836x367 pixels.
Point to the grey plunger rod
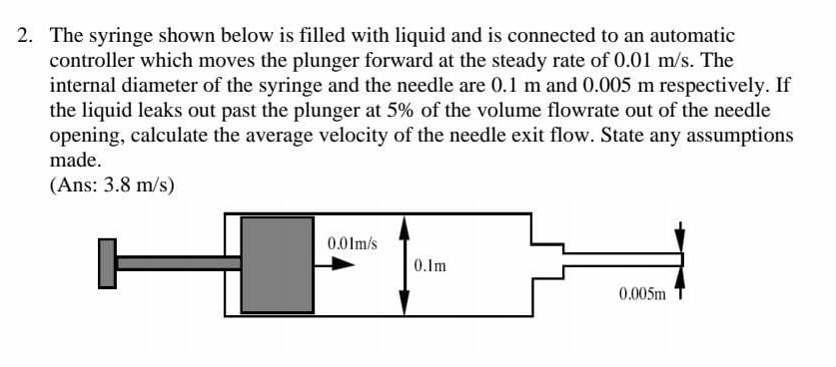point(180,263)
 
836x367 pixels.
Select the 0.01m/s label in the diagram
point(352,242)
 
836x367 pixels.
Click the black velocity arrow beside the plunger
point(343,265)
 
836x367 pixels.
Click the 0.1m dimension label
point(428,266)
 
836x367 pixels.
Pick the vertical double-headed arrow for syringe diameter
point(404,264)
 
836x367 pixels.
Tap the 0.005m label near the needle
point(641,295)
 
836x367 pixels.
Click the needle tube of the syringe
point(619,257)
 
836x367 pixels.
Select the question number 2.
point(25,35)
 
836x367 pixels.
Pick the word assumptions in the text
point(742,135)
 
